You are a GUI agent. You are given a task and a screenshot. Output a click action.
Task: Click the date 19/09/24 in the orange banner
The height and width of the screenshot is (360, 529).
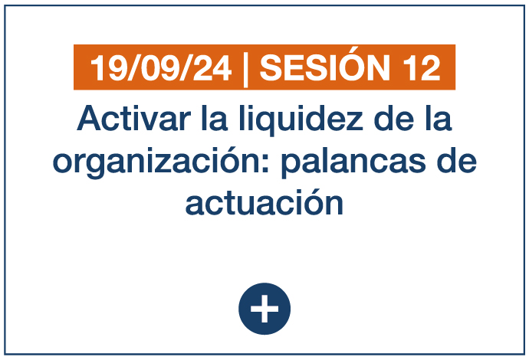coord(161,68)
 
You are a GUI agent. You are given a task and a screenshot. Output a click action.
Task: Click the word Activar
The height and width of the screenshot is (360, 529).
coord(134,118)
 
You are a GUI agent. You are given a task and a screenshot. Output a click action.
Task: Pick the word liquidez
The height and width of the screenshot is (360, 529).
coord(301,120)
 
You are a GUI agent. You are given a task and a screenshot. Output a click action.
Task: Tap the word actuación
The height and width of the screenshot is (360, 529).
coord(264,202)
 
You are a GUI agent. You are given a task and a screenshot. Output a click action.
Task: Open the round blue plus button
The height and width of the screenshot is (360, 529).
coord(264,309)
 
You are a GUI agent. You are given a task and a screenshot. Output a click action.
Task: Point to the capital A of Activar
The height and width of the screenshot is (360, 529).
coord(90,118)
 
